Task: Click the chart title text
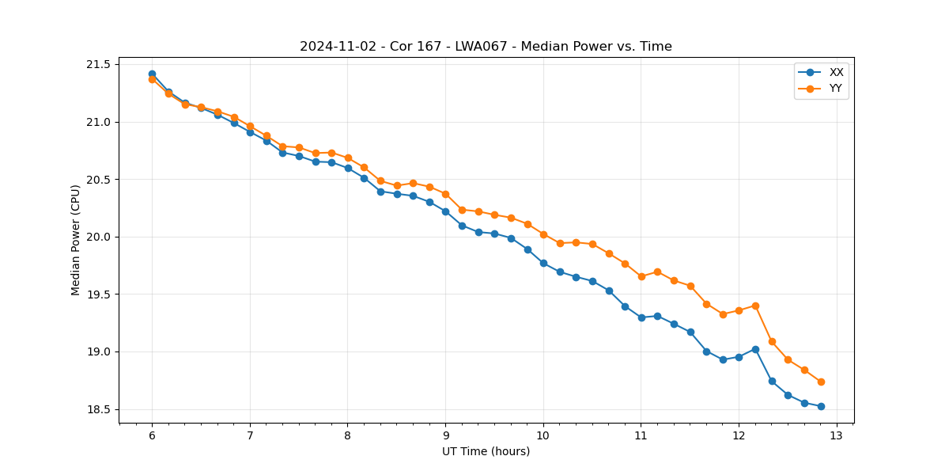pos(486,47)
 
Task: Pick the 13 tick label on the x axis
pos(837,435)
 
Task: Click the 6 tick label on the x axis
pos(152,435)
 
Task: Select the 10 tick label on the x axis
pos(543,435)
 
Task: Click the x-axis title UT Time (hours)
pos(486,451)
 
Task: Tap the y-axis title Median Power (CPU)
pos(76,240)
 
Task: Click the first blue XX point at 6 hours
pos(152,74)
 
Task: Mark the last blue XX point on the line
pos(821,406)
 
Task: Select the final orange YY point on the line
pos(821,382)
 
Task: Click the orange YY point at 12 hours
pos(739,310)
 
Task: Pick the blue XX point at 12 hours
pos(739,357)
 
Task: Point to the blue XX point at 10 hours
pos(543,263)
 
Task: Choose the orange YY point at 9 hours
pos(445,194)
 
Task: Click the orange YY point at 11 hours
pos(641,276)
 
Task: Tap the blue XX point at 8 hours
pos(348,168)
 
